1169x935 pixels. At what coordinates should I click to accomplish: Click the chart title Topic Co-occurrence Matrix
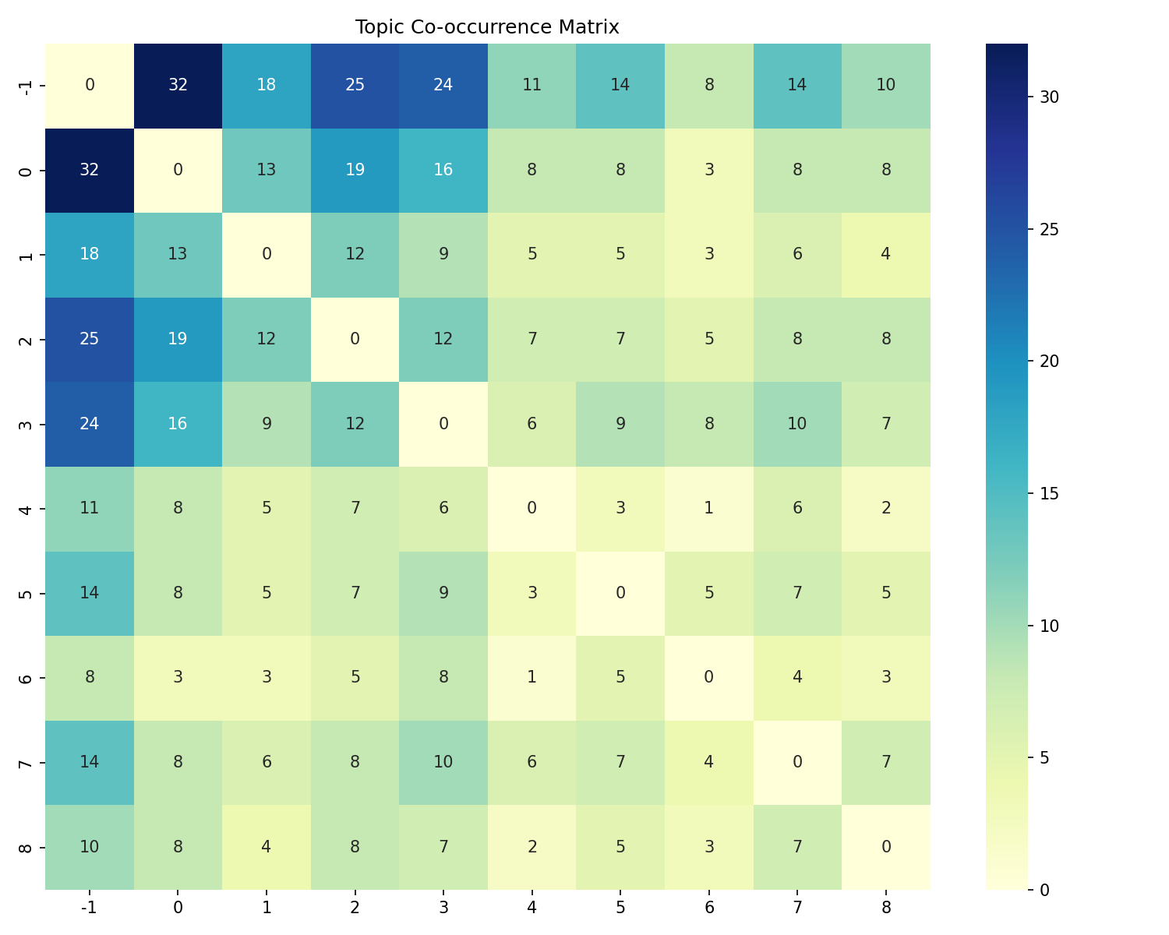click(487, 27)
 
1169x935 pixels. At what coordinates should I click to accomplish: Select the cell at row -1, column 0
click(178, 85)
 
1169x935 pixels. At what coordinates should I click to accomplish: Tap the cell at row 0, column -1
click(90, 170)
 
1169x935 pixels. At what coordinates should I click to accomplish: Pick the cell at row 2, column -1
click(90, 339)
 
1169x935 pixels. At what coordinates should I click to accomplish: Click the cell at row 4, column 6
click(708, 508)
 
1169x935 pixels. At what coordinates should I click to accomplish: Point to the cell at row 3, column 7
click(797, 424)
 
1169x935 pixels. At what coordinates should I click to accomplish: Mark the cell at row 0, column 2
click(355, 170)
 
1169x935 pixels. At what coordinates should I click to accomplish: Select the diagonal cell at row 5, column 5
click(620, 593)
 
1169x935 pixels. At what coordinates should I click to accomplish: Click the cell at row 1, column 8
click(885, 255)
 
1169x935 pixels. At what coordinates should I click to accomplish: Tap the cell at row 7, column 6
click(708, 762)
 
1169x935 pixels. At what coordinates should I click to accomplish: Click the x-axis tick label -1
click(90, 907)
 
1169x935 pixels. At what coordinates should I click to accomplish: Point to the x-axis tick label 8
click(885, 907)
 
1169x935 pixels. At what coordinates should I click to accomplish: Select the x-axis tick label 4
click(532, 907)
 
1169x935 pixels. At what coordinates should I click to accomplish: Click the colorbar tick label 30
click(1048, 97)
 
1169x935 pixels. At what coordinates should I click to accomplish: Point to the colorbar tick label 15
click(1048, 493)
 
